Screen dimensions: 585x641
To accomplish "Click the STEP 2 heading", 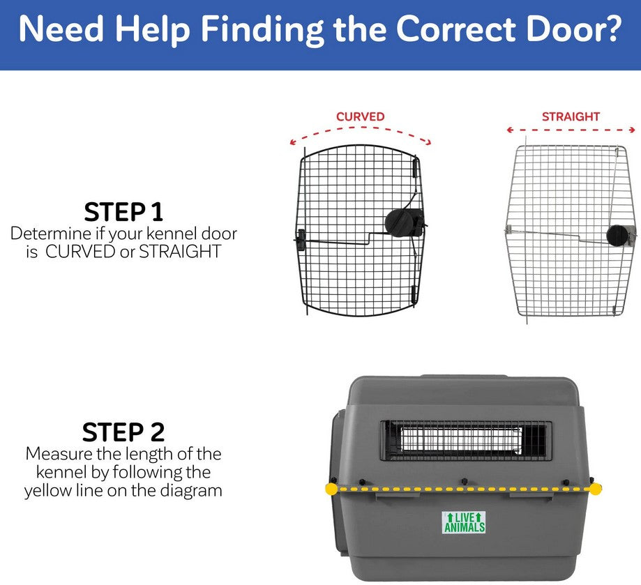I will (123, 432).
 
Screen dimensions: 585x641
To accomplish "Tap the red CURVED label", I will (360, 116).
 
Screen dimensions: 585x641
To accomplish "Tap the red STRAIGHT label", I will (571, 116).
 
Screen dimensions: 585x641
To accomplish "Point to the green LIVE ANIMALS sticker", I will (464, 522).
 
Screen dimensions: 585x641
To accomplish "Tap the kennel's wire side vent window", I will (464, 440).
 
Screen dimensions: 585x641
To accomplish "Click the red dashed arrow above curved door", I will (361, 133).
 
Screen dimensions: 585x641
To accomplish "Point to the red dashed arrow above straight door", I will (571, 130).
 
